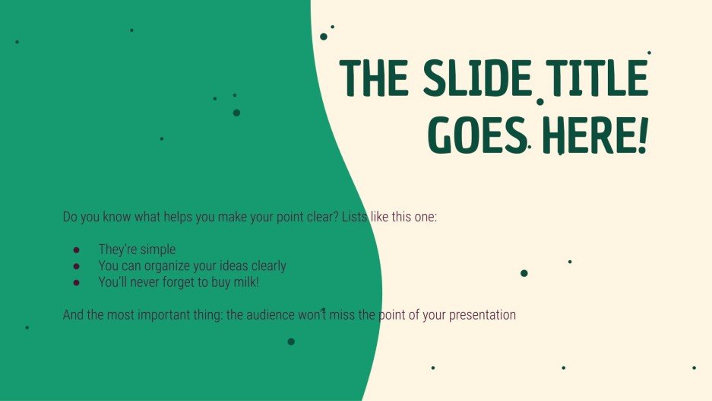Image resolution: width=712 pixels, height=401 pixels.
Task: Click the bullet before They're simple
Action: [76, 250]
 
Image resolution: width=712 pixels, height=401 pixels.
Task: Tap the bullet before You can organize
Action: [76, 266]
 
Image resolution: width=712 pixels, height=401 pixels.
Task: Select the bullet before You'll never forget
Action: [76, 283]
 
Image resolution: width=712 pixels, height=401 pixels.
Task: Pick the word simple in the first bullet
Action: [157, 250]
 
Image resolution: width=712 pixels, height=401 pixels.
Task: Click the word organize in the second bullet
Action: [180, 266]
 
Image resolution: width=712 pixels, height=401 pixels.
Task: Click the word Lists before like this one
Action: [355, 217]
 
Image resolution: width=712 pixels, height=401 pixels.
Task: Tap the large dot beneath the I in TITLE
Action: [540, 101]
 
